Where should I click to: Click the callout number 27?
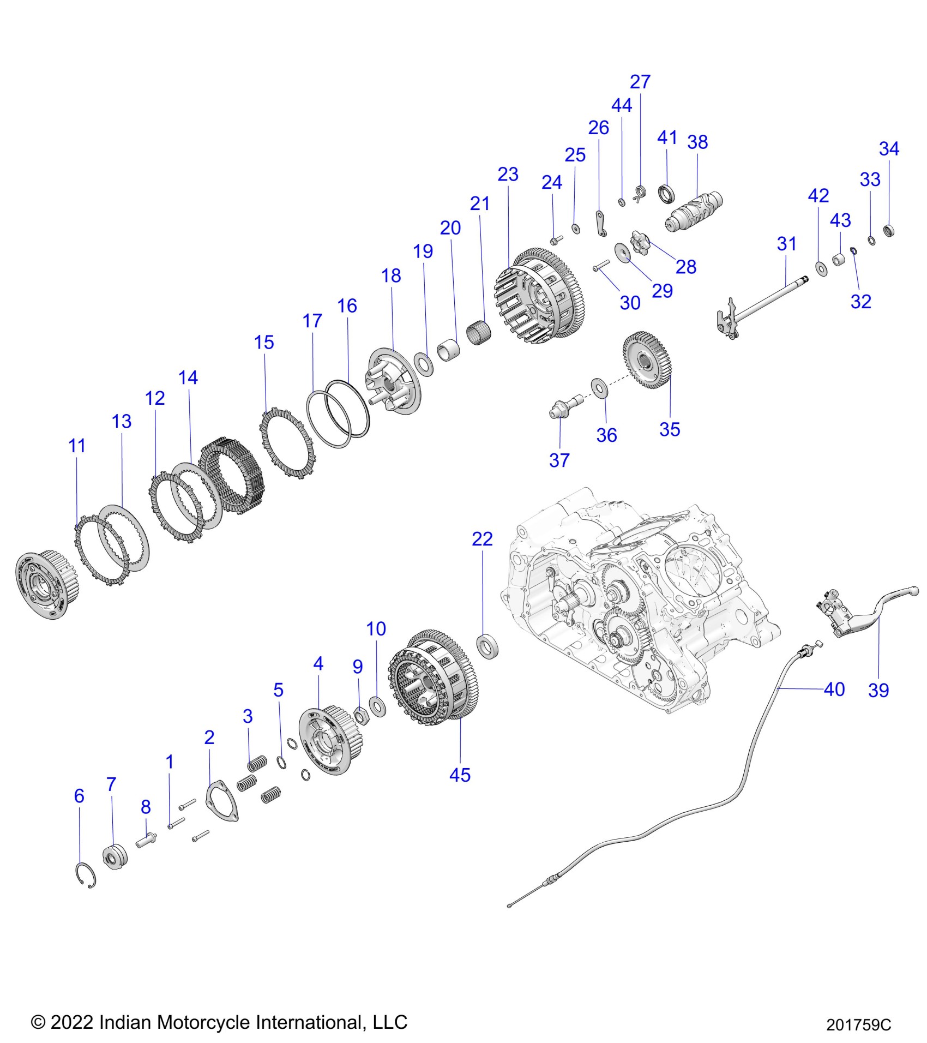(640, 82)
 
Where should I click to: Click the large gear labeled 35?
(647, 359)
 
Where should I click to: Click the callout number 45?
(460, 775)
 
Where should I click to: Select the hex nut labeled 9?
(361, 713)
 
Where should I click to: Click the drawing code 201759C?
(858, 1025)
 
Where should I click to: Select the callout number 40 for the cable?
(834, 690)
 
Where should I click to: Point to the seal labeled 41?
(666, 194)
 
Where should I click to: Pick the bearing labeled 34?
(889, 230)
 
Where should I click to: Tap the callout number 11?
(77, 446)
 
